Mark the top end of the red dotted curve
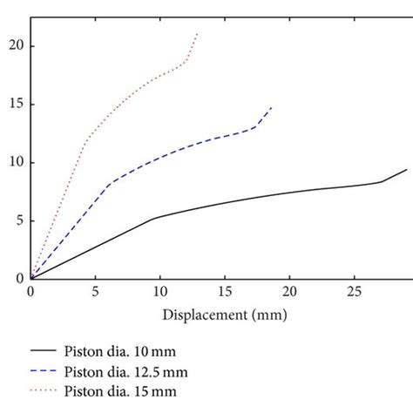point(198,34)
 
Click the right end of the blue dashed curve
point(272,107)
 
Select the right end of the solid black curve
point(406,170)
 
